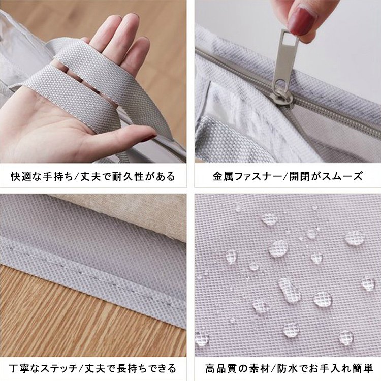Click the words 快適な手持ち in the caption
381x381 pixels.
pyautogui.click(x=41, y=177)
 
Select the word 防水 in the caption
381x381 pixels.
pyautogui.click(x=282, y=367)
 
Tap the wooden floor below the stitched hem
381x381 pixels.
pyautogui.click(x=76, y=325)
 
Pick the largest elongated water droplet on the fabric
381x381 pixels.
pyautogui.click(x=290, y=290)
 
